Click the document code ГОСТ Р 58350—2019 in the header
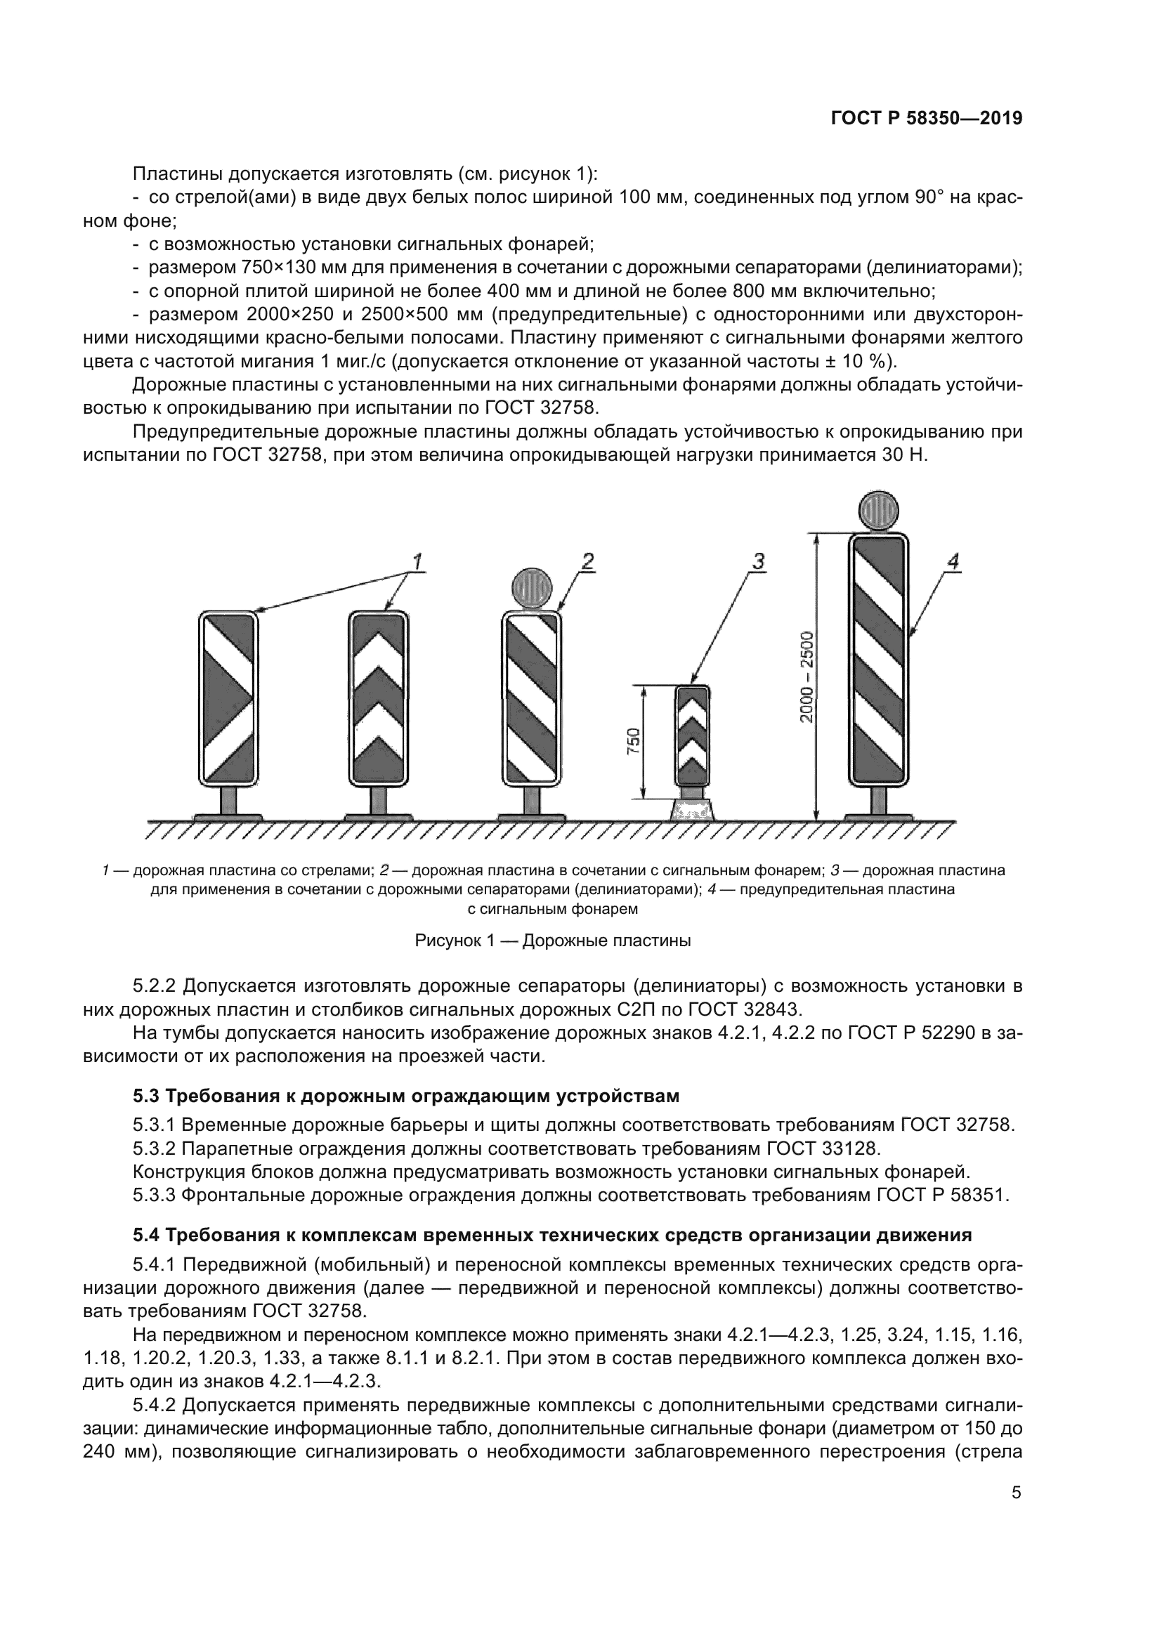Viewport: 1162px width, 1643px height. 926,119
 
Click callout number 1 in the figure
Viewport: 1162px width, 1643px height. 417,562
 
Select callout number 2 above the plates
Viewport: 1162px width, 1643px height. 587,562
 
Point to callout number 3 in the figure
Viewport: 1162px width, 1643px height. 758,562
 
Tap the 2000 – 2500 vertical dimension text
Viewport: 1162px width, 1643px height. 807,676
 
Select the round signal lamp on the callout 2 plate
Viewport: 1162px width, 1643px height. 532,588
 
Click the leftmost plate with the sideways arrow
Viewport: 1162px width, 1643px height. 228,696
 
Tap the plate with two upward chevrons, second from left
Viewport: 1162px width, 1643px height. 379,696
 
